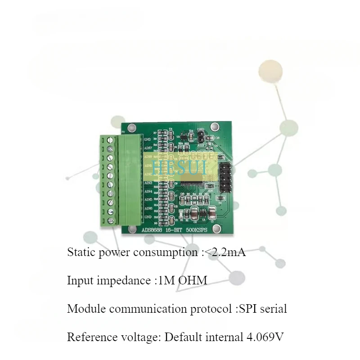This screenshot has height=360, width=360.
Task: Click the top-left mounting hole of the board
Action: click(132, 128)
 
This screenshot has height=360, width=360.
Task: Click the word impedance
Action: click(122, 281)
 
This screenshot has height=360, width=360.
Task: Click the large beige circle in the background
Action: click(270, 71)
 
